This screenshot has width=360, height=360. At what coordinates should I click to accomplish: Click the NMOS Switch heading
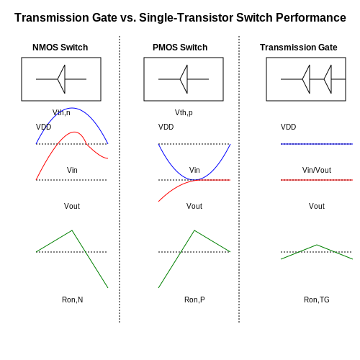click(x=60, y=48)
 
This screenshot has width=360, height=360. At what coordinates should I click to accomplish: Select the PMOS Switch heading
click(x=180, y=48)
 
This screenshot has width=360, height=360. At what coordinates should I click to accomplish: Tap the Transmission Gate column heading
click(x=299, y=48)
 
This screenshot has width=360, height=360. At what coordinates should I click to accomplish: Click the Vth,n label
click(x=61, y=112)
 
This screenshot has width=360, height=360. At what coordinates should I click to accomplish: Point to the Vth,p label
click(x=184, y=112)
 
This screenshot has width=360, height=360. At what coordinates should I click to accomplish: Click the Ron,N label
click(x=73, y=300)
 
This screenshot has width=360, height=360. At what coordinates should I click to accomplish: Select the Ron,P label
click(x=194, y=300)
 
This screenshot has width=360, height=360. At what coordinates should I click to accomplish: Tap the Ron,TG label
click(x=317, y=300)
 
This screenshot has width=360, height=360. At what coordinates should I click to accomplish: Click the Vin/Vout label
click(x=317, y=170)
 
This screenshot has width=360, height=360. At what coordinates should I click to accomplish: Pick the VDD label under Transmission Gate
click(x=288, y=127)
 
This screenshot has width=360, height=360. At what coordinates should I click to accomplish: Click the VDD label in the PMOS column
click(x=166, y=127)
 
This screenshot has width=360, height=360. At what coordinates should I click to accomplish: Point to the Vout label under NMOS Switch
click(x=72, y=206)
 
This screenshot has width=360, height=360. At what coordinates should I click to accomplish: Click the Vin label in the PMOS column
click(x=194, y=170)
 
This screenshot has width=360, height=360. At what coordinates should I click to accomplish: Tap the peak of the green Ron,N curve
click(x=72, y=230)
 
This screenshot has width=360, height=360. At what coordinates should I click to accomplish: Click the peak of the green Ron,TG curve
click(x=317, y=245)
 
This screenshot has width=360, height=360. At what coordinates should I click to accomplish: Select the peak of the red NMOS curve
click(x=75, y=132)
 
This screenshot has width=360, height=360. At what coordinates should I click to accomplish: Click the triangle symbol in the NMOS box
click(x=61, y=79)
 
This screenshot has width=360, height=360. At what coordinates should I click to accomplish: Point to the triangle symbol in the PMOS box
click(x=184, y=79)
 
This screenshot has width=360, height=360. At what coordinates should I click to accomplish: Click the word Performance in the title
click(x=311, y=17)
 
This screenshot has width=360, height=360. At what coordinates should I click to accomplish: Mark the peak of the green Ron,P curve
click(x=194, y=230)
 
